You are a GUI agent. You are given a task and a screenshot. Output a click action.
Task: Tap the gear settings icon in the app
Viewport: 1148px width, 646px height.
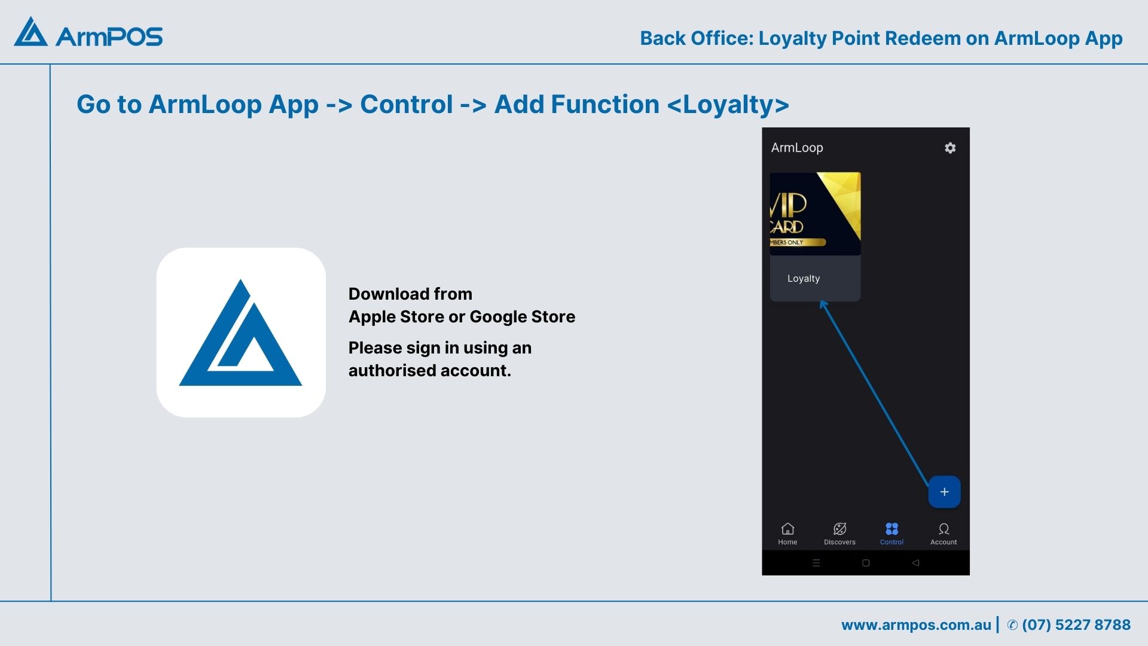950,148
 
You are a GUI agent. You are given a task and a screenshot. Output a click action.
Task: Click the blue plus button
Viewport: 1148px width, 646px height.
944,492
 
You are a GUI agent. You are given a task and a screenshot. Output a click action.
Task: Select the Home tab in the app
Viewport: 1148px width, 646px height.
787,534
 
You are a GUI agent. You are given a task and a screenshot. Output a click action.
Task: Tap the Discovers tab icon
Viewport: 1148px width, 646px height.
839,529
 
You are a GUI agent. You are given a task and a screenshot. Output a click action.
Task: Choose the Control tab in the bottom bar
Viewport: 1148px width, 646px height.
891,534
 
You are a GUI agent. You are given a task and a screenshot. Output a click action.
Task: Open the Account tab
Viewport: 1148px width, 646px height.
944,534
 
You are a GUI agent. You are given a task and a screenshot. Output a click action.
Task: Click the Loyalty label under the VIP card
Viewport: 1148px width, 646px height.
804,279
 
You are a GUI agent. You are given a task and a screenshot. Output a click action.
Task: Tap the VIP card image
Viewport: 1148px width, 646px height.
815,214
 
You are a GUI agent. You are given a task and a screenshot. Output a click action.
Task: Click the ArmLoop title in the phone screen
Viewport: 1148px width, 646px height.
797,148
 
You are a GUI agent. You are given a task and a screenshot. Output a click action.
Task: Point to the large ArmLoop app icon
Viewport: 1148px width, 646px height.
241,333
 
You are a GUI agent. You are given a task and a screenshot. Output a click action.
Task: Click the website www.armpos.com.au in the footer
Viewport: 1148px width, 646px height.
916,625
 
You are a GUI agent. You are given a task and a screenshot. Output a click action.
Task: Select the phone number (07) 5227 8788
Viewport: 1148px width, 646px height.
1076,625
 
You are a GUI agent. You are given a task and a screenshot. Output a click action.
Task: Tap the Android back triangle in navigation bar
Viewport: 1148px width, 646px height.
915,563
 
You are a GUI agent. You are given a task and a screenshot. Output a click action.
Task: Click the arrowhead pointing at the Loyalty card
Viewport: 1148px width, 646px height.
824,306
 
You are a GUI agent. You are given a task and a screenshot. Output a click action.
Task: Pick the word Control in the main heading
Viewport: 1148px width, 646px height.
407,105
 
